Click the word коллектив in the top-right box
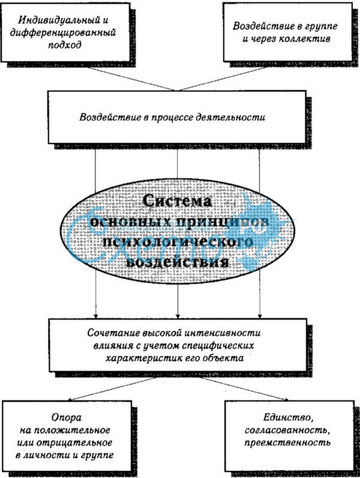click(x=307, y=38)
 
